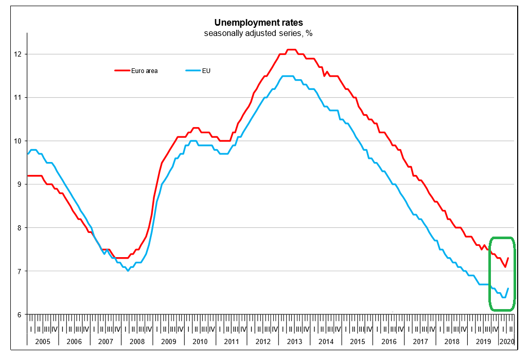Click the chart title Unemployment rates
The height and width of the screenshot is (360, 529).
coord(258,23)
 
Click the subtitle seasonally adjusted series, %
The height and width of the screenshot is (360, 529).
coord(258,33)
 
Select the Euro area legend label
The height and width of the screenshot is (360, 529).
coord(145,71)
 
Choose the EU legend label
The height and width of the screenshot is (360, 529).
coord(207,71)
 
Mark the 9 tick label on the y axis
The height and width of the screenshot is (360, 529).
coord(19,184)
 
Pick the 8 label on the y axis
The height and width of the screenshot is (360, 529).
coord(19,228)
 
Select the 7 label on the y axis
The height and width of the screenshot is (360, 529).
coord(19,271)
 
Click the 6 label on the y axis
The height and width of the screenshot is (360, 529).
coord(19,315)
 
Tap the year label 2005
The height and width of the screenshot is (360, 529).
coord(43,341)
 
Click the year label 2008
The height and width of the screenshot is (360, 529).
coord(137,341)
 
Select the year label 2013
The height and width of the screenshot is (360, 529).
coord(295,341)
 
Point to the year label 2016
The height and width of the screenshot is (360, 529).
coord(389,341)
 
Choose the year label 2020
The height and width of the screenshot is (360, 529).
coord(506,341)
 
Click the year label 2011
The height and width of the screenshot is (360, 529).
coord(232,341)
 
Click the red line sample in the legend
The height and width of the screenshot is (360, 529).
coord(121,71)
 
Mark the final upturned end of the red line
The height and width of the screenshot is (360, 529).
coord(508,258)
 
